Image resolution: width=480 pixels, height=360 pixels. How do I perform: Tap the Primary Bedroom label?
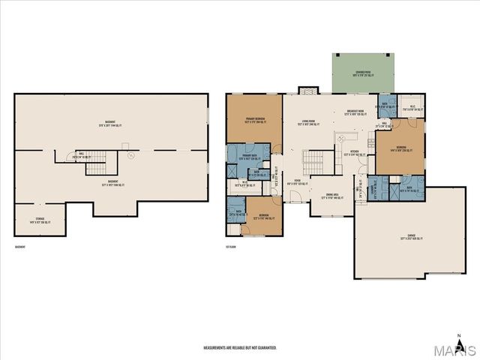click(255, 119)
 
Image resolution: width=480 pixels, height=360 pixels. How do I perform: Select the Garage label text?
click(412, 236)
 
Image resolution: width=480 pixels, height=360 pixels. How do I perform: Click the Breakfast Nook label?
click(356, 113)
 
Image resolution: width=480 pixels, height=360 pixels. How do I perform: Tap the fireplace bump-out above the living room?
click(307, 91)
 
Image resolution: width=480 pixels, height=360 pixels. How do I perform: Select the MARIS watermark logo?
click(455, 350)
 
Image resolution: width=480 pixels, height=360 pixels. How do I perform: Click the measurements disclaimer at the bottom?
click(240, 348)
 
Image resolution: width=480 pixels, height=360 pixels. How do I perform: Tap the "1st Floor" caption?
click(232, 247)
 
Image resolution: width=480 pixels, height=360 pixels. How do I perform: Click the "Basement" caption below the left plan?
click(22, 247)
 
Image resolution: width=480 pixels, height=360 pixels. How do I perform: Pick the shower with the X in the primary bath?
click(232, 170)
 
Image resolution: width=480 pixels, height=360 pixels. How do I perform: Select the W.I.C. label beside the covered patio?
click(411, 107)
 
